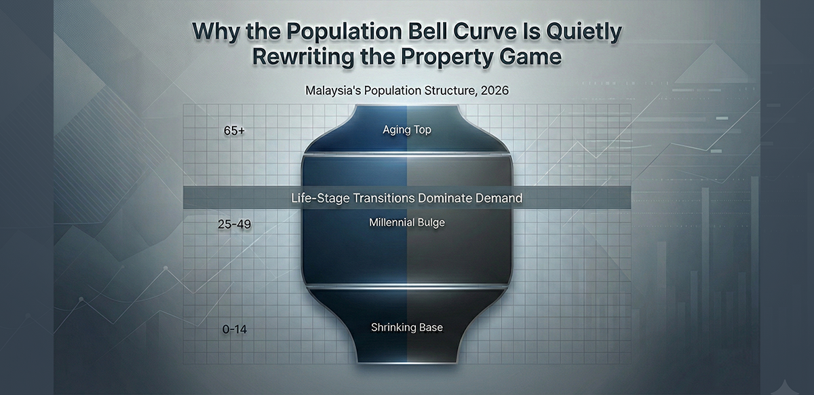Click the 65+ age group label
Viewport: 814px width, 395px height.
coord(233,131)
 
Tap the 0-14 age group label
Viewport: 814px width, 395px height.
coord(233,329)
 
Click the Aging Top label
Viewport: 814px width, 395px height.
coord(406,130)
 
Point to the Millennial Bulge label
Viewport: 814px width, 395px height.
coord(407,222)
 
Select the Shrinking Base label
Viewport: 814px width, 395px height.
coord(406,327)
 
